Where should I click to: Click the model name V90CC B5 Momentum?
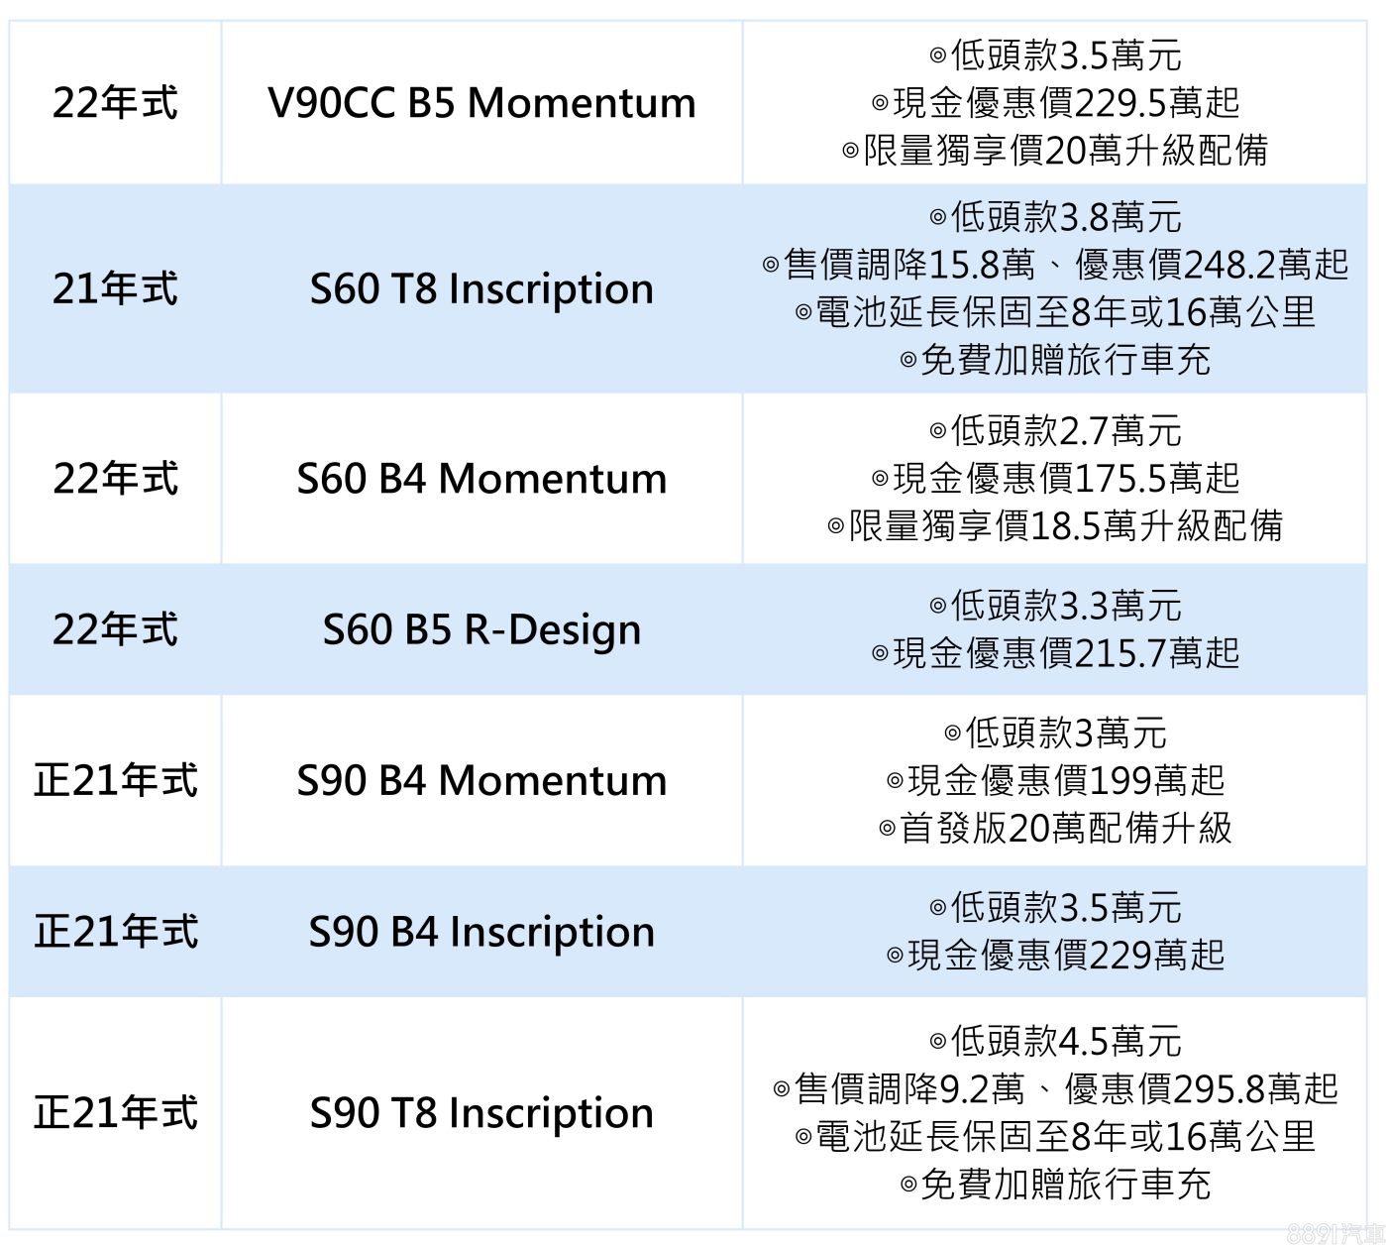pos(481,103)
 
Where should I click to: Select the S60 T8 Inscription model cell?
pos(481,288)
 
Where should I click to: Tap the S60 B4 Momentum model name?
pos(481,478)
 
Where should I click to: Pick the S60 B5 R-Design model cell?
pos(481,629)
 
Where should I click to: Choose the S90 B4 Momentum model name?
pos(481,780)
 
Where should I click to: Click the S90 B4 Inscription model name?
pos(481,932)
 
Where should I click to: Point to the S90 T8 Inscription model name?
pos(481,1112)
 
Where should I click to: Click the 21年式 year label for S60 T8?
pos(115,288)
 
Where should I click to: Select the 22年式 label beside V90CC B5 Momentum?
pos(115,103)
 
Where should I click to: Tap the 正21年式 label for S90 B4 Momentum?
pos(115,780)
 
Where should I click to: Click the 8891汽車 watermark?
pos(1334,1232)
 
